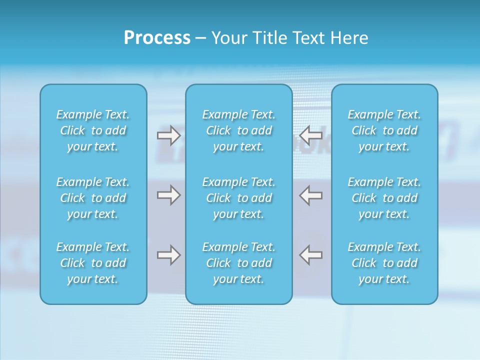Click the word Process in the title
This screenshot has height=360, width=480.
click(157, 38)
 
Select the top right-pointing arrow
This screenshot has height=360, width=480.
click(168, 135)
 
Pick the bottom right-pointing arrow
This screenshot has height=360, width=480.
click(168, 255)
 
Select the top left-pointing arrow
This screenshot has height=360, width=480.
click(311, 135)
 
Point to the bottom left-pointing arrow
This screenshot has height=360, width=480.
click(311, 255)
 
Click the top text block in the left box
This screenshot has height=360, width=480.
click(93, 130)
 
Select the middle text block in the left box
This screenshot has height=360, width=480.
click(93, 198)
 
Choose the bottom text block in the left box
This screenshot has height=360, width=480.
click(93, 263)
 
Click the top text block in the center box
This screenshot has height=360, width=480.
click(239, 130)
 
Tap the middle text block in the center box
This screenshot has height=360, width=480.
click(239, 198)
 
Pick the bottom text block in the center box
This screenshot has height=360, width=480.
click(239, 263)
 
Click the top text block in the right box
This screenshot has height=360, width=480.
click(384, 130)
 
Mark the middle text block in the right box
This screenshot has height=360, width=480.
click(384, 198)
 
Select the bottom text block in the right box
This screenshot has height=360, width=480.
click(384, 263)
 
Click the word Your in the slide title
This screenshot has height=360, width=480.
click(227, 38)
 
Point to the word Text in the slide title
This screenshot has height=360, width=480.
click(304, 38)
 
